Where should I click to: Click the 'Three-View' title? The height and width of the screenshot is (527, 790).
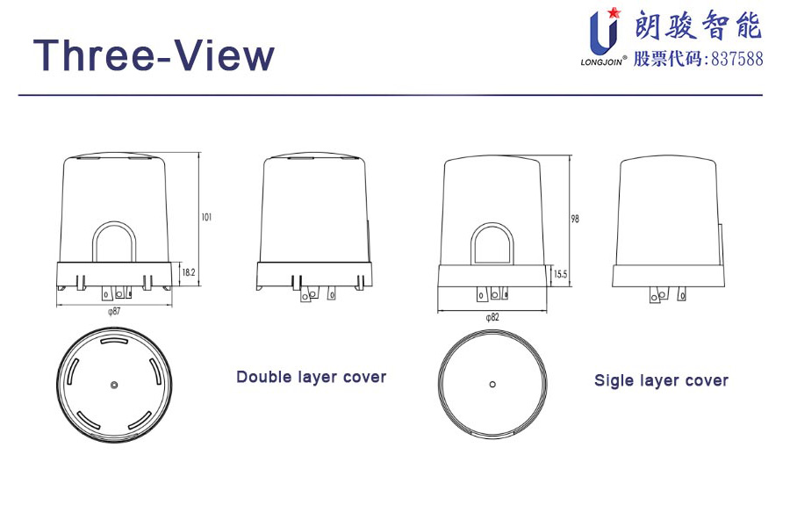(x=154, y=55)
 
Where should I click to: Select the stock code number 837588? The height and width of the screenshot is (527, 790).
(x=737, y=59)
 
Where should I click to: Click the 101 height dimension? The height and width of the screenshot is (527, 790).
(x=206, y=217)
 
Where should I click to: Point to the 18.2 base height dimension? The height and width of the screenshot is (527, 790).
(x=189, y=272)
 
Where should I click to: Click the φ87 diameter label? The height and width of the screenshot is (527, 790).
(x=114, y=311)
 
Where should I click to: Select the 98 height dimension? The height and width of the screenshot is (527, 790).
(x=575, y=219)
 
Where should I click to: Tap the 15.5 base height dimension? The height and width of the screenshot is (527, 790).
(x=560, y=274)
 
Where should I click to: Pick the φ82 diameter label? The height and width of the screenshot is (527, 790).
(x=492, y=317)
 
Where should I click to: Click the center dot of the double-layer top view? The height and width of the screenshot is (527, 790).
(x=114, y=386)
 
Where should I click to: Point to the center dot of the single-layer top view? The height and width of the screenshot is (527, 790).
(x=492, y=385)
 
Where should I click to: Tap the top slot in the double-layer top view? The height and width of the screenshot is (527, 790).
(x=115, y=342)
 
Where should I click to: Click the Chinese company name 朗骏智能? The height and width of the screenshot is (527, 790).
(x=698, y=25)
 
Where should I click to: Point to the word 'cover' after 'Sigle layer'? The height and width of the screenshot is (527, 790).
(x=707, y=380)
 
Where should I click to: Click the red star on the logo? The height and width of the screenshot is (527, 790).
(x=614, y=12)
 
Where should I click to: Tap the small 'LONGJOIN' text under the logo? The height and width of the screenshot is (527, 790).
(x=601, y=62)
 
